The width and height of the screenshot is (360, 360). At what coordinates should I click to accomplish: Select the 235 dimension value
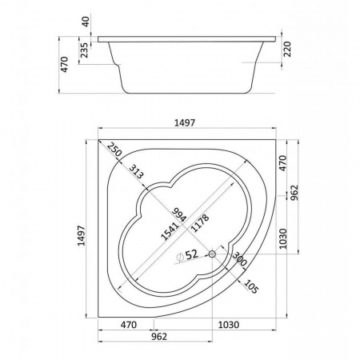tap(84, 50)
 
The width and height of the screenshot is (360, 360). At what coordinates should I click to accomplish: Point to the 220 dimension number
tap(287, 49)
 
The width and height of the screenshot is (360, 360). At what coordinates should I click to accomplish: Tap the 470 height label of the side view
tap(65, 64)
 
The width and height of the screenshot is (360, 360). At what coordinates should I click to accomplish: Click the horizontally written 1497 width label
tap(185, 122)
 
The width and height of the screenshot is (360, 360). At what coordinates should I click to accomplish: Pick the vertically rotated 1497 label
tap(81, 235)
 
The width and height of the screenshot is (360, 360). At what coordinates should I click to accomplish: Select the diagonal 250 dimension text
tap(114, 150)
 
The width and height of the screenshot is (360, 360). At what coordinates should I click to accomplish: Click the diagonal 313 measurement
tap(136, 171)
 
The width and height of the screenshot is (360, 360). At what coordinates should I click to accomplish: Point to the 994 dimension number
tap(178, 214)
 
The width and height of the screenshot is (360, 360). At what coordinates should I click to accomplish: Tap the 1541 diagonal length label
tap(170, 231)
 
